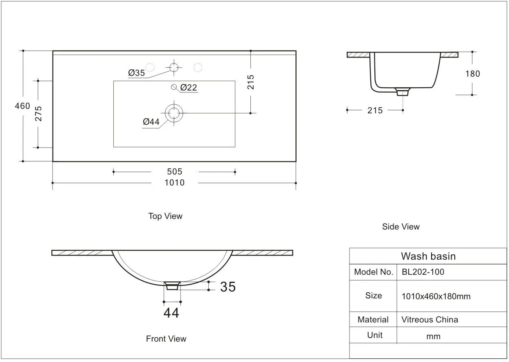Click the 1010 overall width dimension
[x=174, y=183]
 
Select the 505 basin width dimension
[x=174, y=172]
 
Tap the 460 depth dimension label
[x=22, y=106]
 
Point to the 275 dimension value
[x=38, y=114]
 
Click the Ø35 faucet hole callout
[x=136, y=73]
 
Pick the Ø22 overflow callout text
[x=188, y=87]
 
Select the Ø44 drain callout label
[x=151, y=121]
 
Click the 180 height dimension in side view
[x=472, y=74]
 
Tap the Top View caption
[x=165, y=216]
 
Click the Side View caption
[x=401, y=227]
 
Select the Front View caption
[x=166, y=339]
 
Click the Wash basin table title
[x=428, y=256]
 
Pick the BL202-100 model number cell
[x=423, y=272]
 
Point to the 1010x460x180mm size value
[x=436, y=296]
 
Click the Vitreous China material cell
[x=429, y=320]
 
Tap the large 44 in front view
[x=171, y=313]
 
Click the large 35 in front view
[x=228, y=287]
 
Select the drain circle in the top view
[x=174, y=112]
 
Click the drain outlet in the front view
[x=173, y=285]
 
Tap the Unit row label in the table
[x=375, y=335]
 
